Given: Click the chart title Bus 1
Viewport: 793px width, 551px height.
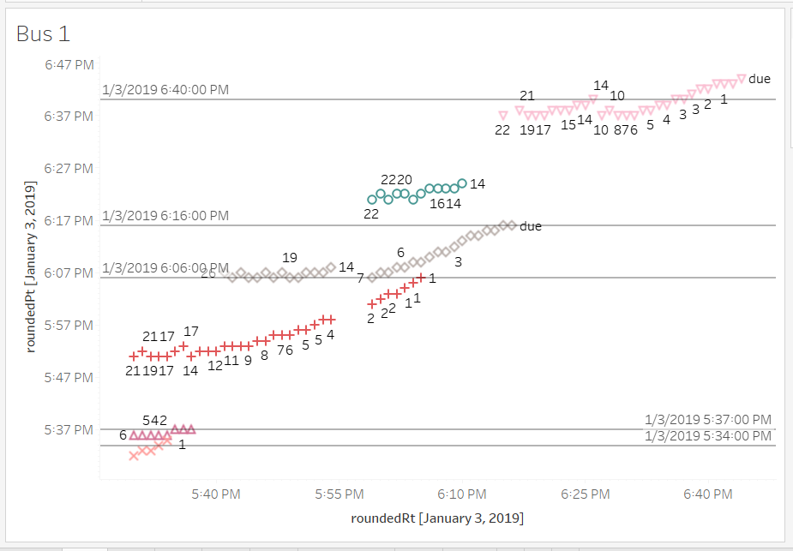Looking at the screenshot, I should (43, 34).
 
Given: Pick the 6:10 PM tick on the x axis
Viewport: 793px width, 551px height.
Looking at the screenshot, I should (463, 494).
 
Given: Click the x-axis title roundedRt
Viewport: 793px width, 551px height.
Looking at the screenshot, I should (437, 518).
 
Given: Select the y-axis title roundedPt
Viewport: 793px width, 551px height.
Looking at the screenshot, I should (31, 267).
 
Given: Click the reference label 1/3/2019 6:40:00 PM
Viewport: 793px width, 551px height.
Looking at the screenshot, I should (165, 90).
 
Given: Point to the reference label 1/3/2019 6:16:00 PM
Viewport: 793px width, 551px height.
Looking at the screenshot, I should (165, 216).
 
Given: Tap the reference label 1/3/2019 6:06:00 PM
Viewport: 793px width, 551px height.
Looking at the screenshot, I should (165, 268).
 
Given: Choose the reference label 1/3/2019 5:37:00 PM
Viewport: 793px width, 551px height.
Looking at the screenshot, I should (709, 420).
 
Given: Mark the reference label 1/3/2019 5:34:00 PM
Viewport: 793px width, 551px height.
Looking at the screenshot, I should (709, 436).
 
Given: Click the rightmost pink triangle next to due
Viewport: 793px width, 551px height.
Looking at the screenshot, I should (742, 78).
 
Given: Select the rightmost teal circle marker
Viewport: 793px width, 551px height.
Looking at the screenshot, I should (462, 183).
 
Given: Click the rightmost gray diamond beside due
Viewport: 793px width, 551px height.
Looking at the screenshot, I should (512, 225).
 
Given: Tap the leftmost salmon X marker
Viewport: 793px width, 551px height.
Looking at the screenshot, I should (134, 456).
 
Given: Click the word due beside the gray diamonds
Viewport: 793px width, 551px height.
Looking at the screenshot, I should (531, 227).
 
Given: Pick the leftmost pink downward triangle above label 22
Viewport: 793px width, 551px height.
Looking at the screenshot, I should (503, 115).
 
